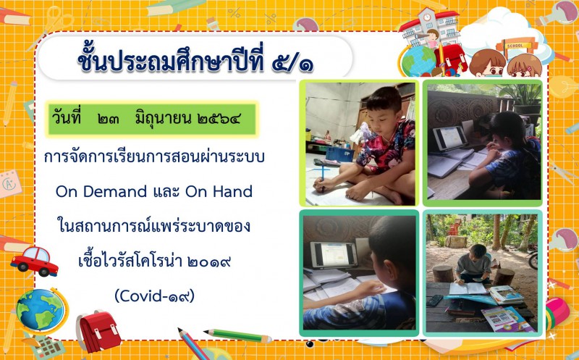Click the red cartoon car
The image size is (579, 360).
[34, 261]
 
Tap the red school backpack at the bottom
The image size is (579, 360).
[98, 330]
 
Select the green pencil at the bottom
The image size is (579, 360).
[238, 335]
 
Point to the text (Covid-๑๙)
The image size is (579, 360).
[155, 296]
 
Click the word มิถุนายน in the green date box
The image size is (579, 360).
[163, 119]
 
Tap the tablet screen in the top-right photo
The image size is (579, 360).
[450, 138]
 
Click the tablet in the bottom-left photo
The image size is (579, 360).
[334, 255]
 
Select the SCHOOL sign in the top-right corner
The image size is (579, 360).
[515, 46]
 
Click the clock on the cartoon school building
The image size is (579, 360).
[427, 17]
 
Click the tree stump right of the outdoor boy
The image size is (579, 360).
[504, 277]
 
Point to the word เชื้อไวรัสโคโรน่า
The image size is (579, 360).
[130, 261]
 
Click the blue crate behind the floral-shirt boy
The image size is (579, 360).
[339, 154]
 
